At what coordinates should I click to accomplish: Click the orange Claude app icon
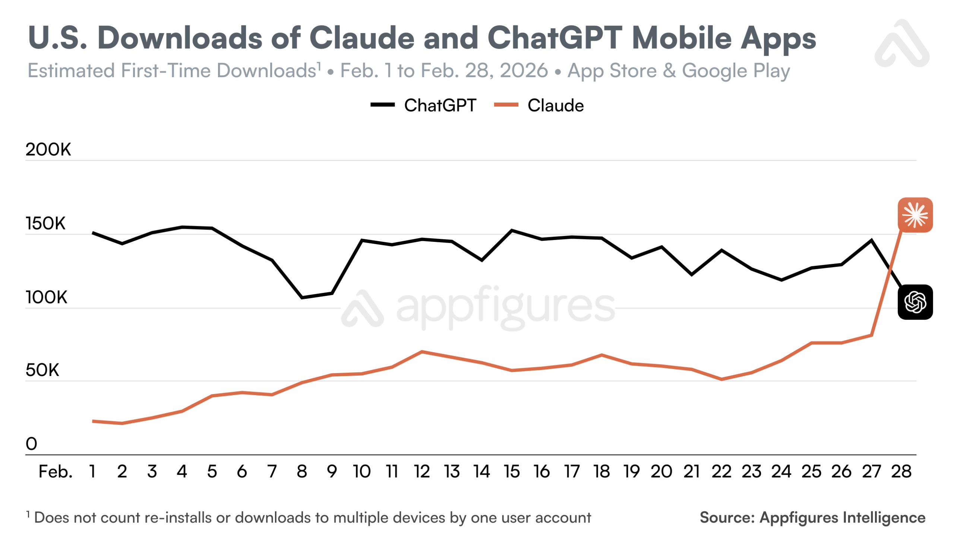tap(914, 215)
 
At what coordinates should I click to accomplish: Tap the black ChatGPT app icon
tap(914, 302)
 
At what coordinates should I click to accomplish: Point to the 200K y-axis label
tap(48, 149)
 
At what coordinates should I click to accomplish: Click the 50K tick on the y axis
tap(42, 370)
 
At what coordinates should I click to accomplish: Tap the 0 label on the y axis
tap(31, 444)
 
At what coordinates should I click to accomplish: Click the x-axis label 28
tap(901, 471)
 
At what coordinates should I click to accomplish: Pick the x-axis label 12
tap(421, 471)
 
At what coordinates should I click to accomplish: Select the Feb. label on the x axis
tap(55, 471)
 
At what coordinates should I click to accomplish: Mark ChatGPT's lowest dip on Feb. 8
tap(302, 297)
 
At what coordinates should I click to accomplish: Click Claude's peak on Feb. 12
tap(421, 351)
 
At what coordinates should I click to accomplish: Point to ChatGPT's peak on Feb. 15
tap(512, 230)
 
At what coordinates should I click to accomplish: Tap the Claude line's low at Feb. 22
tap(721, 379)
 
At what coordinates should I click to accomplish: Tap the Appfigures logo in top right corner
tap(902, 44)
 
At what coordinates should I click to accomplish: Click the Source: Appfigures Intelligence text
tap(812, 517)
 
